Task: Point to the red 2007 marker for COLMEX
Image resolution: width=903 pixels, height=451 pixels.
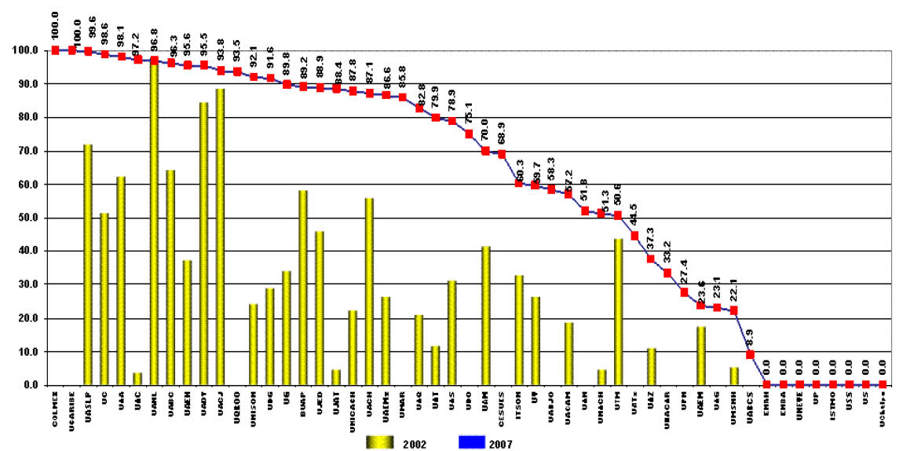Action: coord(55,50)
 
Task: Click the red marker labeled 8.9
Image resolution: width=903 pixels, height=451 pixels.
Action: coord(750,354)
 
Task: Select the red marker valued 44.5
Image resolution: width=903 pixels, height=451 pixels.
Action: coord(634,236)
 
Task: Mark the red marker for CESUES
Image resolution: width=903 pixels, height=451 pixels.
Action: coord(502,154)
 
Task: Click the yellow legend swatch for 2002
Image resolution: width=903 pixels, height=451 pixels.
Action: coord(382,443)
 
